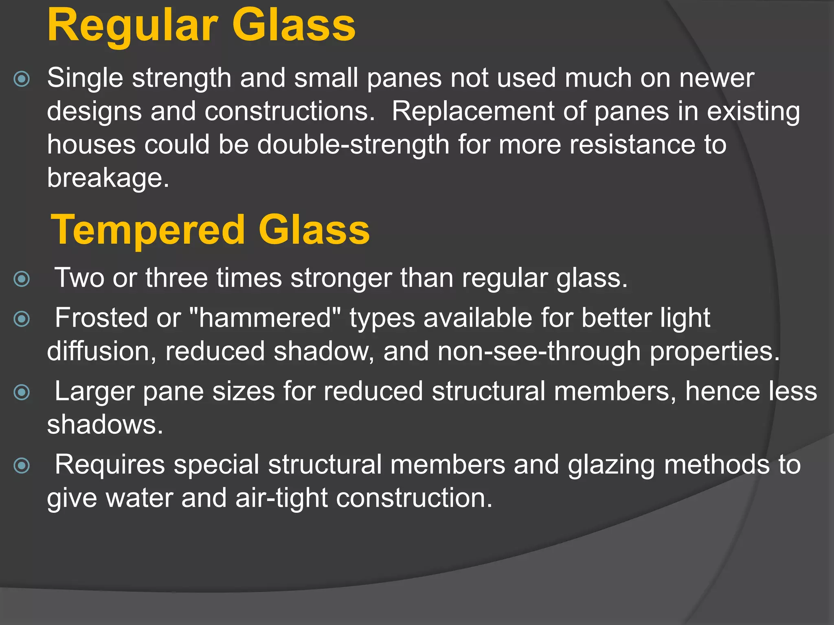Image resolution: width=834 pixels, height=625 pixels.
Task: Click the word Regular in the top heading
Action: pyautogui.click(x=132, y=26)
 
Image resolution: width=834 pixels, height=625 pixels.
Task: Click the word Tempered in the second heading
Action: pyautogui.click(x=147, y=230)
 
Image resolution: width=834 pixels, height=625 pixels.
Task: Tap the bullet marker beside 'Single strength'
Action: pyautogui.click(x=22, y=79)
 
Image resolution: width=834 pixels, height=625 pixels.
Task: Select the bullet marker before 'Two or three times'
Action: pyautogui.click(x=22, y=279)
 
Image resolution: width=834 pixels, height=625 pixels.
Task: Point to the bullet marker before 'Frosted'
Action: pyautogui.click(x=22, y=319)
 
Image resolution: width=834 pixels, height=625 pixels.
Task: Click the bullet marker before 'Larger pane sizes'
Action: pyautogui.click(x=22, y=392)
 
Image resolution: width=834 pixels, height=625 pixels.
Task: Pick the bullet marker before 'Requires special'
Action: pyautogui.click(x=22, y=465)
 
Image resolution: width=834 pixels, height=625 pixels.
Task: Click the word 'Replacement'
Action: pyautogui.click(x=473, y=111)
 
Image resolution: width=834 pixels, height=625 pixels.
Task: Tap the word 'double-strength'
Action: pyautogui.click(x=353, y=145)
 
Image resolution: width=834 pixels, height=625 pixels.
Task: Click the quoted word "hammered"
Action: pyautogui.click(x=266, y=318)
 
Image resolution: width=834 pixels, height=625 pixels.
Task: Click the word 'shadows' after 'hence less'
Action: pyautogui.click(x=105, y=425)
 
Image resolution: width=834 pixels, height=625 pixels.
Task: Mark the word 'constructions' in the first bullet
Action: pyautogui.click(x=290, y=111)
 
